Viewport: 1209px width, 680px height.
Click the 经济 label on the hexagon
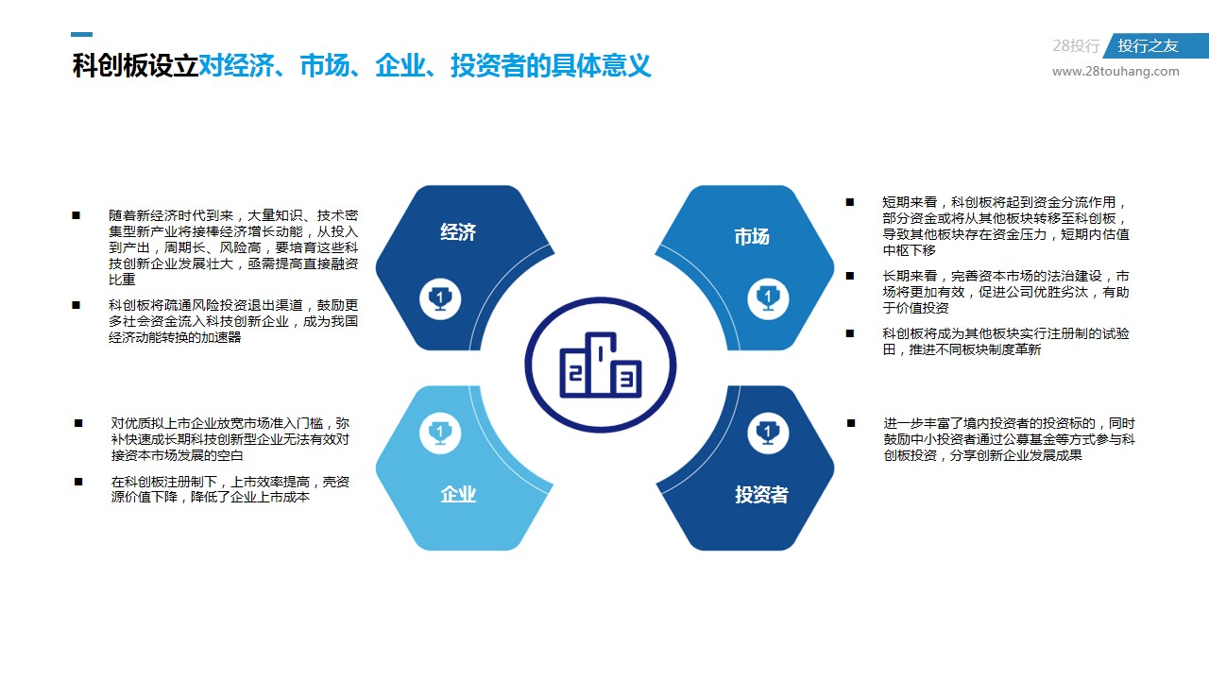[x=458, y=232]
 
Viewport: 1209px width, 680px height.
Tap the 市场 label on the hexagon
[x=751, y=236]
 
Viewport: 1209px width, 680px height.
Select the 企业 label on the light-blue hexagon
[x=458, y=494]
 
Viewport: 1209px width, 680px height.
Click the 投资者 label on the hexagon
[x=761, y=494]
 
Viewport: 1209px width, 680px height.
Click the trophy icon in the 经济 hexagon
[x=440, y=299]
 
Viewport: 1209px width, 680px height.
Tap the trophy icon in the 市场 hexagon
[x=768, y=299]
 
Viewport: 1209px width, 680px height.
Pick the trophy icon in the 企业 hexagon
[x=440, y=433]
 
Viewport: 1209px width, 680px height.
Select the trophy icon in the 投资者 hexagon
[x=768, y=433]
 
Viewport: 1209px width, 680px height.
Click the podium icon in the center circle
[x=601, y=365]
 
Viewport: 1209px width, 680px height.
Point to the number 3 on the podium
[x=626, y=379]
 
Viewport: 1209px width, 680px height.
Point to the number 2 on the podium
[x=576, y=372]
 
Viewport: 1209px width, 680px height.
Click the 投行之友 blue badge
[x=1155, y=46]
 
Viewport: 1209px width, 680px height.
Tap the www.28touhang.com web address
[x=1115, y=71]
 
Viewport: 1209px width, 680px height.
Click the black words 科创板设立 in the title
[x=135, y=66]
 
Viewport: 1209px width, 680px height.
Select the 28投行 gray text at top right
[x=1076, y=46]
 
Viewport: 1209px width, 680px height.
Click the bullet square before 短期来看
[x=850, y=202]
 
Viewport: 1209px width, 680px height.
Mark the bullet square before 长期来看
[x=850, y=277]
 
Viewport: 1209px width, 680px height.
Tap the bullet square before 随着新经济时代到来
[x=77, y=216]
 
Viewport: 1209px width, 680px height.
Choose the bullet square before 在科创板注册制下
[x=78, y=482]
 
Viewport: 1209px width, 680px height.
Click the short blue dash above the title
[x=81, y=35]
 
